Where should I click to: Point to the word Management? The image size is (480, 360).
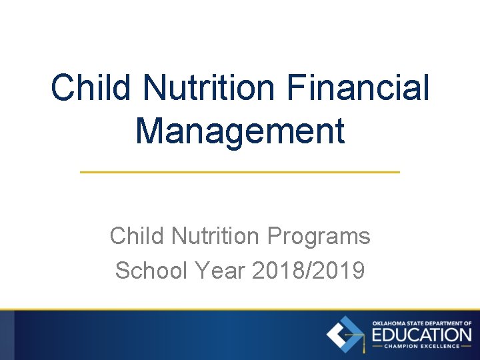240,130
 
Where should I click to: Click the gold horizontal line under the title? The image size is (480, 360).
240,172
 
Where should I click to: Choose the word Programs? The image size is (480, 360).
319,236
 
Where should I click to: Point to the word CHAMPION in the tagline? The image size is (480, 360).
407,346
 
